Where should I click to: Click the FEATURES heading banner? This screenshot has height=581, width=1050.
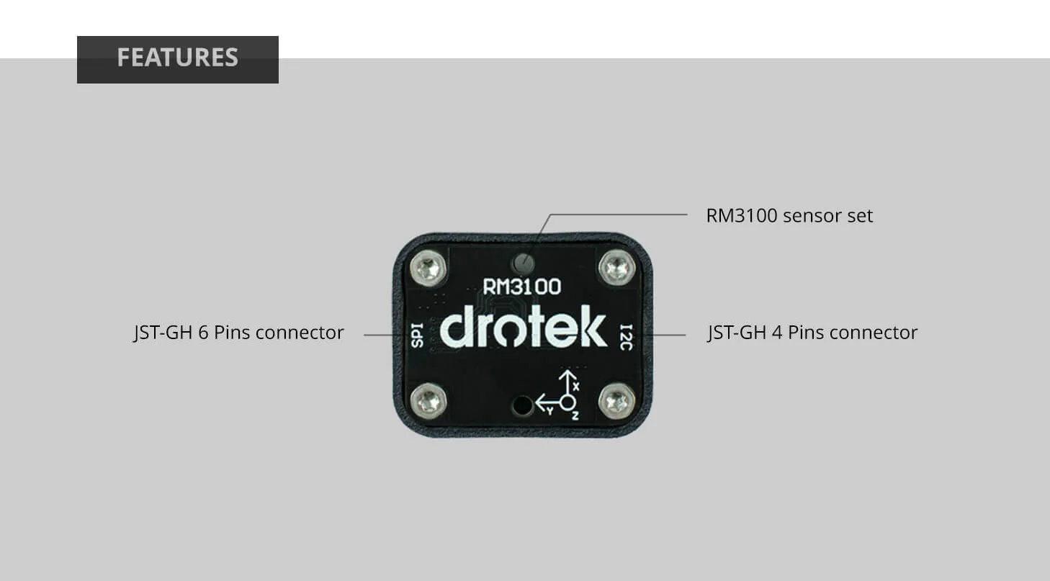point(177,58)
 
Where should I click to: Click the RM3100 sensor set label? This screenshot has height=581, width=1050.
point(789,215)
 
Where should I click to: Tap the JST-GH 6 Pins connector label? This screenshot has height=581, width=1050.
point(238,333)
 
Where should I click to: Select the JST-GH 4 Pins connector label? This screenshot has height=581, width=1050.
point(812,333)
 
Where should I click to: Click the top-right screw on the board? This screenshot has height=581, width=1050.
point(617,267)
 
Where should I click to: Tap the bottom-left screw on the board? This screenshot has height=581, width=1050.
point(428,400)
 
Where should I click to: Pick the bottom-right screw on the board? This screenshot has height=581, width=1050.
point(617,401)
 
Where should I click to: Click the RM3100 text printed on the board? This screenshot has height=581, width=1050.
point(522,287)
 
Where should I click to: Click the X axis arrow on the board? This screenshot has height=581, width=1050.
point(568,382)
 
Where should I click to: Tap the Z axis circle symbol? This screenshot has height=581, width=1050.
point(568,403)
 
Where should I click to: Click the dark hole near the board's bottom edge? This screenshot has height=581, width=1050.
point(521,405)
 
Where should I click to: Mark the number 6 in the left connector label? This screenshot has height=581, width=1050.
point(204,333)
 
